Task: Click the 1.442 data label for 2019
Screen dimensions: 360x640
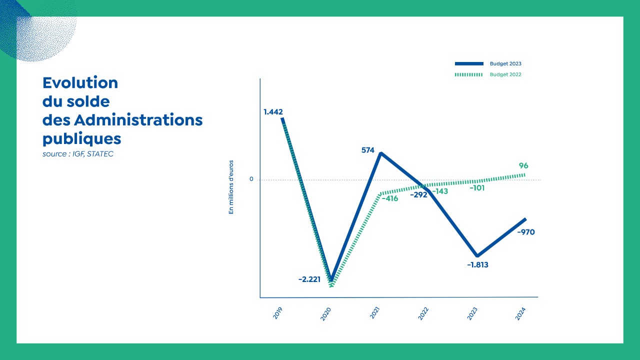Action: [273, 111]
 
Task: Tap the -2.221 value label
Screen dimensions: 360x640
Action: [309, 279]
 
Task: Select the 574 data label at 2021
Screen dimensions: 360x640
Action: [367, 149]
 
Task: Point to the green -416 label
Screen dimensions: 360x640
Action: [389, 198]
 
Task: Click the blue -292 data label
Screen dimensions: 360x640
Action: [418, 195]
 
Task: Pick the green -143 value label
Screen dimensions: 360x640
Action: [439, 191]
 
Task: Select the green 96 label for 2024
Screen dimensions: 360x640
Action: [523, 166]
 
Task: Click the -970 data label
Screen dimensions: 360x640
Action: [525, 232]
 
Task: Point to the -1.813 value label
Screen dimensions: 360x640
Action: [477, 265]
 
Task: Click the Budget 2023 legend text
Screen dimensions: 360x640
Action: [505, 64]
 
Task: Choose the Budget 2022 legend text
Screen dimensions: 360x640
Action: [505, 74]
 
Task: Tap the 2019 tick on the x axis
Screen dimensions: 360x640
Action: [278, 313]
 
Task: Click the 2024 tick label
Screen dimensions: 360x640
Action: [521, 313]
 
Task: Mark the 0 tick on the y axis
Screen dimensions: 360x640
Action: [251, 179]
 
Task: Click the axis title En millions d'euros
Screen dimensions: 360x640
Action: [231, 187]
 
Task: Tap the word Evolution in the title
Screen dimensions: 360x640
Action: [80, 82]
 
